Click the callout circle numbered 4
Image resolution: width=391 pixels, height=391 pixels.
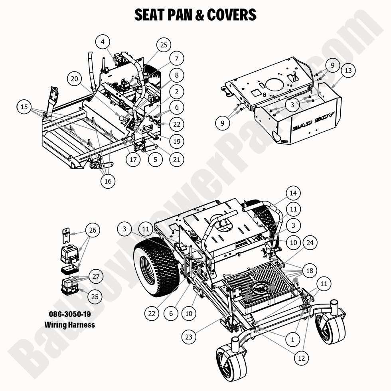103,42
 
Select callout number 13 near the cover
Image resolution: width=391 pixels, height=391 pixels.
348,71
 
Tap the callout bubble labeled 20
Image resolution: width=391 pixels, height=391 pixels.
74,79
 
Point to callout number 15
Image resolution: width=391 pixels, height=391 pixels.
25,107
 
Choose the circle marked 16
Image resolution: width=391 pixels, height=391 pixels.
108,182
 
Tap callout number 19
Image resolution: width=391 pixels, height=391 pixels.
177,141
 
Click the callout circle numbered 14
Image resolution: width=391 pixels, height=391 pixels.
293,194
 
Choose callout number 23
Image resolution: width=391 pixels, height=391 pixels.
189,337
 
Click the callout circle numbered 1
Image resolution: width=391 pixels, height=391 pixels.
292,340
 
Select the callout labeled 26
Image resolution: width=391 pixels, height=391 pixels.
93,230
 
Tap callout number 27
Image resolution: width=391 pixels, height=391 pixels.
95,276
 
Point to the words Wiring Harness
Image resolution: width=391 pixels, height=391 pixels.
70,324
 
